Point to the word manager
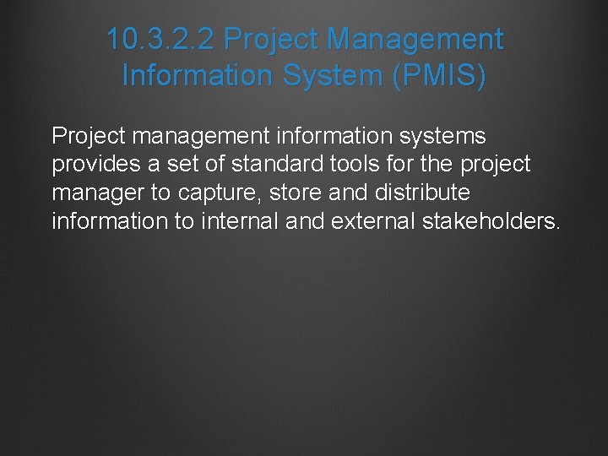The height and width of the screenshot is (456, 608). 99,193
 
